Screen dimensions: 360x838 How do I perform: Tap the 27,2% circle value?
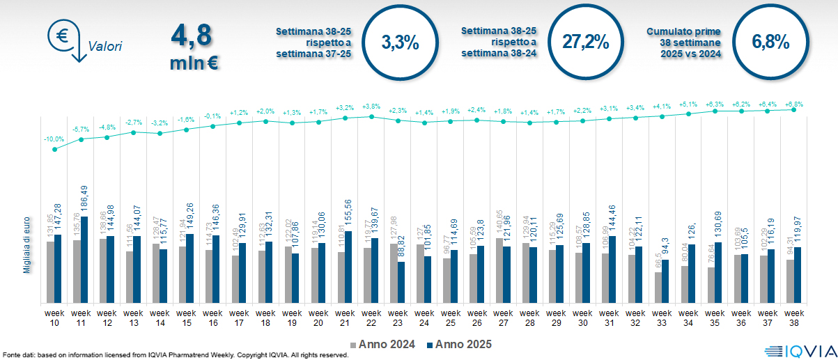click(x=585, y=42)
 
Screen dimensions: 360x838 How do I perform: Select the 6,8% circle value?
click(x=770, y=42)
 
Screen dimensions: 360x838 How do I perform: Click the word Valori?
click(x=105, y=47)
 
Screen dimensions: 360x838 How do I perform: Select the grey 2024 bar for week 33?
click(x=657, y=287)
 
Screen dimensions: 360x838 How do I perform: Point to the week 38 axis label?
click(x=793, y=318)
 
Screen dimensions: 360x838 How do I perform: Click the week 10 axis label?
click(x=54, y=318)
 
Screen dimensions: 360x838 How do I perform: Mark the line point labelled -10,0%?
click(x=54, y=148)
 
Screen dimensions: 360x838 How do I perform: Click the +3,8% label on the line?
click(x=371, y=107)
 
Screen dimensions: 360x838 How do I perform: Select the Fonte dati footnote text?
click(x=174, y=355)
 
